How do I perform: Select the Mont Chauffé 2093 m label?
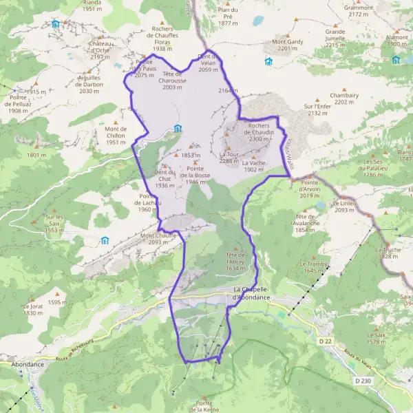pyautogui.click(x=158, y=239)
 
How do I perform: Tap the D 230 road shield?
pyautogui.click(x=362, y=380)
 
